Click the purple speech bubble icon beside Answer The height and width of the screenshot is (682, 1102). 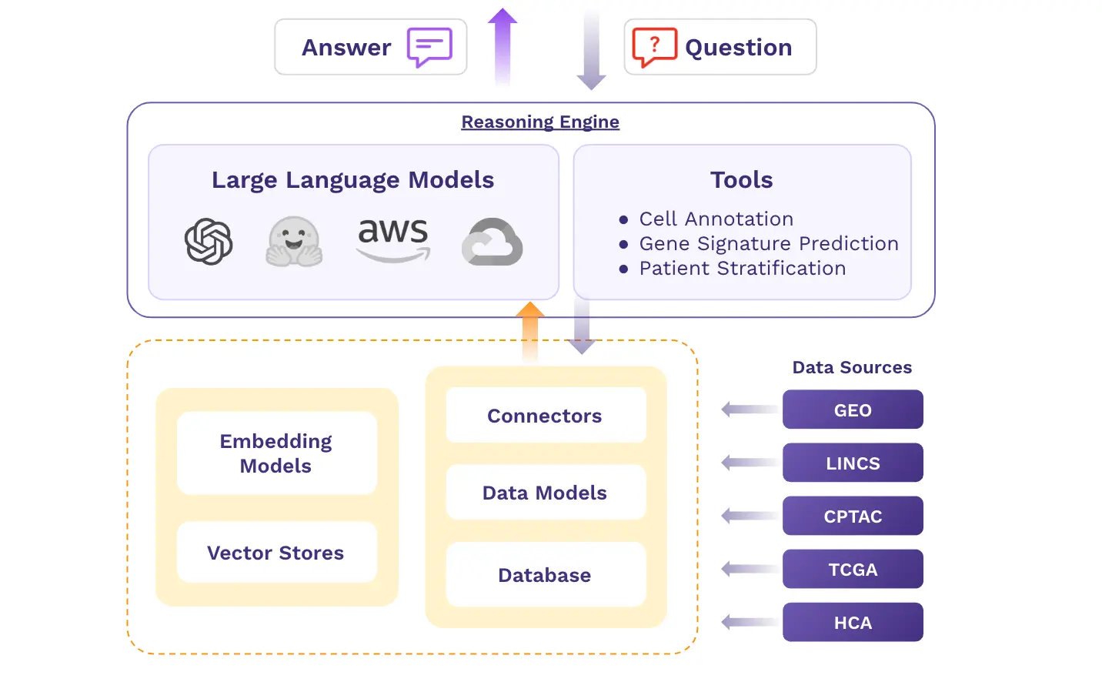coord(429,48)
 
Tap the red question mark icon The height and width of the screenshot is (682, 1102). coord(654,47)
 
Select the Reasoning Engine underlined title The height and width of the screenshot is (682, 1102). coord(540,122)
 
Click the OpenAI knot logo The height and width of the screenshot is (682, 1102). coord(209,242)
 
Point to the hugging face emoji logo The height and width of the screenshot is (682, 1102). coord(294,242)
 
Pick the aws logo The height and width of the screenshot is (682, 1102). coord(393,239)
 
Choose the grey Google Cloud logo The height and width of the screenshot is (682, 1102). coord(493,242)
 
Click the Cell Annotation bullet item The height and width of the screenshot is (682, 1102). coord(716,219)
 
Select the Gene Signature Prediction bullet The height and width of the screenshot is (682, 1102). coord(768,244)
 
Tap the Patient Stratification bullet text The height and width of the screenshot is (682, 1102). coord(742,269)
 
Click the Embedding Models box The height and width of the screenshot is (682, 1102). coord(276,453)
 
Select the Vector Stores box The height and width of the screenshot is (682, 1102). coord(276,553)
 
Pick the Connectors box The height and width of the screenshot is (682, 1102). coord(545,416)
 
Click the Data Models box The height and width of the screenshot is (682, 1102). coord(545,493)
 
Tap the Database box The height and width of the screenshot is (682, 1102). coord(545,575)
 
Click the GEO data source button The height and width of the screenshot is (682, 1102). coord(853,410)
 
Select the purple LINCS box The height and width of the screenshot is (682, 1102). coord(853,463)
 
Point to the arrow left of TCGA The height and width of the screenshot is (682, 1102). coord(748,569)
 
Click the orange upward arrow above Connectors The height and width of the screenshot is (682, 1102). coord(530,331)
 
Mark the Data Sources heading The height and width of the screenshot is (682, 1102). coord(852,367)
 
